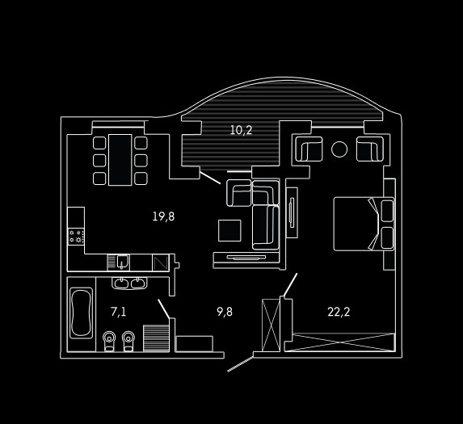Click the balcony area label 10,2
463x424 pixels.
pyautogui.click(x=242, y=130)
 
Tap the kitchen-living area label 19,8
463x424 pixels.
pyautogui.click(x=163, y=216)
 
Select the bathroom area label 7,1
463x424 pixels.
pyautogui.click(x=119, y=312)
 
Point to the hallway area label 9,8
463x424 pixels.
pyautogui.click(x=225, y=312)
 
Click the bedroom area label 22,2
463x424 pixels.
pyautogui.click(x=339, y=312)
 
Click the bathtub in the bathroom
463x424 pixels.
pyautogui.click(x=81, y=313)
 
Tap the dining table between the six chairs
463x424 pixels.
pyautogui.click(x=120, y=160)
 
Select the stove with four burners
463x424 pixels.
pyautogui.click(x=76, y=237)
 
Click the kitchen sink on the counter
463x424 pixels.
pyautogui.click(x=122, y=262)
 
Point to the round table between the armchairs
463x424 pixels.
pyautogui.click(x=339, y=149)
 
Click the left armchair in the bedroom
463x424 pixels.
pyautogui.click(x=309, y=149)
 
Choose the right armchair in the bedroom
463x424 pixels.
pyautogui.click(x=370, y=149)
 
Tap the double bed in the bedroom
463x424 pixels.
pyautogui.click(x=364, y=224)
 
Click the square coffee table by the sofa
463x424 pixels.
pyautogui.click(x=229, y=230)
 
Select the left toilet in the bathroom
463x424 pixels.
pyautogui.click(x=109, y=341)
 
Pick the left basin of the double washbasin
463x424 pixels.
pyautogui.click(x=121, y=283)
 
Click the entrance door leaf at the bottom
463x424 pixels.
pyautogui.click(x=240, y=363)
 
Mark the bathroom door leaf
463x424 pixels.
pyautogui.click(x=164, y=309)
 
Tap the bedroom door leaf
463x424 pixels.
pyautogui.click(x=290, y=285)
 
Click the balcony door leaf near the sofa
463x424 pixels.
pyautogui.click(x=210, y=178)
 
